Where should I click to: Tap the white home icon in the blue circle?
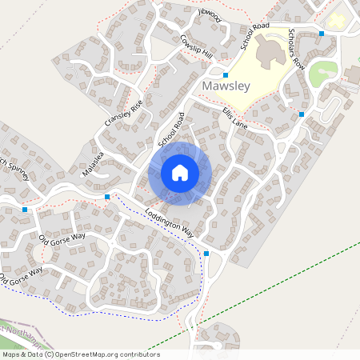pos(180,173)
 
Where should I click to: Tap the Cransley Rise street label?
pos(123,113)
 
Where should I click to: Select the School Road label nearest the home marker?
pos(171,129)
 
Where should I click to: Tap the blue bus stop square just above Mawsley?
pos(226,74)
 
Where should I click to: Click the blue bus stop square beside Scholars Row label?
pos(322,34)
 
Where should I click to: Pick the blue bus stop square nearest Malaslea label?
pos(106,196)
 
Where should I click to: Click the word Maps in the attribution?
pos(11,354)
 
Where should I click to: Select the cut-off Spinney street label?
pos(14,167)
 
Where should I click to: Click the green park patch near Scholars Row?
pos(323,74)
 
